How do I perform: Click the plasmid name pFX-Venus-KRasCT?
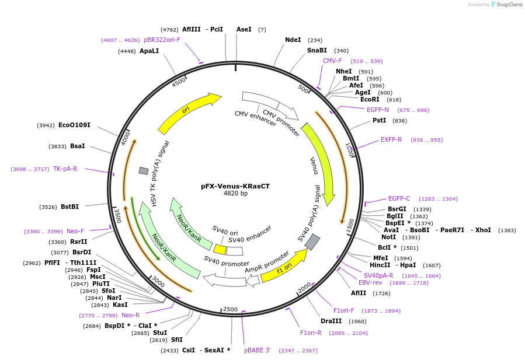coord(235,186)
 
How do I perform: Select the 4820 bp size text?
coord(235,193)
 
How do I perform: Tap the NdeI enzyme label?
coord(293,40)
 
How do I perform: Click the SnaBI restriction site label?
coord(317,51)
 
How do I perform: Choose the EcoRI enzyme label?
coord(370,99)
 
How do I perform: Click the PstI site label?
coord(379,121)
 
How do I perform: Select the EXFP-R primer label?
coord(391,140)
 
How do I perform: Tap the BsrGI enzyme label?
coord(397,209)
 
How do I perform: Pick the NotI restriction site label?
coord(389,237)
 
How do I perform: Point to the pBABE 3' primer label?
coord(258,351)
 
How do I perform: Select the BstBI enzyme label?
coord(69,207)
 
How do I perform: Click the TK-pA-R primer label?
coord(65,169)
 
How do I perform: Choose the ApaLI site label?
coord(149,51)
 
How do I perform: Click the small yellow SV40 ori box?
coord(220,249)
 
